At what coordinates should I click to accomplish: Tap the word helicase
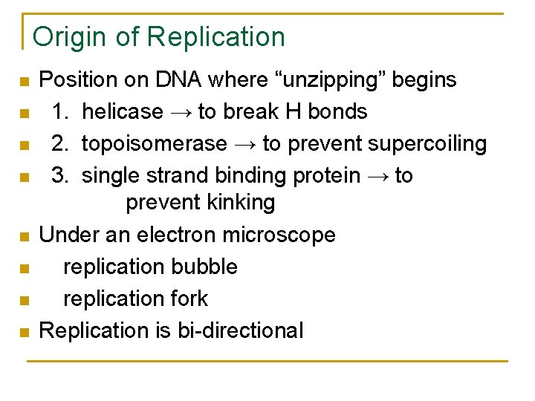pyautogui.click(x=122, y=111)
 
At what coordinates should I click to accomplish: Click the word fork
pyautogui.click(x=189, y=299)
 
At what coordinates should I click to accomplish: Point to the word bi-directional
pyautogui.click(x=241, y=330)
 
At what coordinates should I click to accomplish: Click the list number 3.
pyautogui.click(x=58, y=175)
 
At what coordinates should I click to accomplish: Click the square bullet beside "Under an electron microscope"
pyautogui.click(x=24, y=237)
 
